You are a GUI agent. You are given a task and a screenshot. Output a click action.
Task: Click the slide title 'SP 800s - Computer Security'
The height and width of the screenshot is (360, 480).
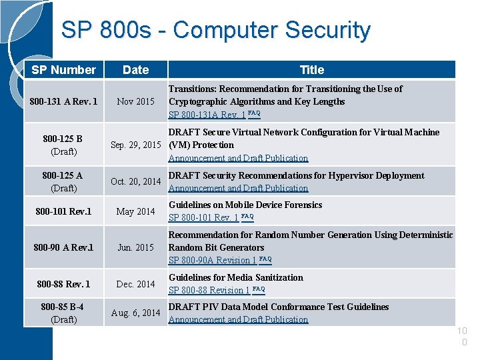point(215,31)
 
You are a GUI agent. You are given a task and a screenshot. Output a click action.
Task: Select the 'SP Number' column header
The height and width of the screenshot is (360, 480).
point(64,70)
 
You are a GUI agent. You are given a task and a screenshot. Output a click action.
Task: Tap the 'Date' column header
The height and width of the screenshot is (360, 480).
point(136,70)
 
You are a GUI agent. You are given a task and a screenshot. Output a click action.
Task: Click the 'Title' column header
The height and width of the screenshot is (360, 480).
point(312,70)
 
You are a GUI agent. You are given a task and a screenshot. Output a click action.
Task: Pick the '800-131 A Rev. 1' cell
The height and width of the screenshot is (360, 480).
point(64,102)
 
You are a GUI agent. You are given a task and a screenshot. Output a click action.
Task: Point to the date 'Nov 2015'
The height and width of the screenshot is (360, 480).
point(136,102)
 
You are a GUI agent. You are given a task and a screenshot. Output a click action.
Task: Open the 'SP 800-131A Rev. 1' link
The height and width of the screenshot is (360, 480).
point(207,115)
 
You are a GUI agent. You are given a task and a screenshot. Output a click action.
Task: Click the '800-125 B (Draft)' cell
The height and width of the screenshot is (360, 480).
point(63,145)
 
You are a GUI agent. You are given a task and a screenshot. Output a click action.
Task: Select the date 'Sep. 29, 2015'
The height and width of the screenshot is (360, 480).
point(136,145)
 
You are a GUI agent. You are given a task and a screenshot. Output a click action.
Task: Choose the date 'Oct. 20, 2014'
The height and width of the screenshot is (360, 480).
point(136,181)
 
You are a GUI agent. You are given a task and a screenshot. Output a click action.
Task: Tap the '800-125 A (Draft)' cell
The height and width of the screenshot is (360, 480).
point(63,181)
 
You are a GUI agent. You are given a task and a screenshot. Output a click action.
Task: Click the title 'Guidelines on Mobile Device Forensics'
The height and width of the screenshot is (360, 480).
point(245,205)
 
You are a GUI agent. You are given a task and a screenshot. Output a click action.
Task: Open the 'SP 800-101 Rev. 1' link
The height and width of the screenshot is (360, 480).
point(203,218)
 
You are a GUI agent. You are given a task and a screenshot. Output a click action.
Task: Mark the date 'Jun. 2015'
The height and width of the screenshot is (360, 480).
point(136,247)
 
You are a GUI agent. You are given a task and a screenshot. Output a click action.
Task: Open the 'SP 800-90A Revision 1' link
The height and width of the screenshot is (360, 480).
point(212,261)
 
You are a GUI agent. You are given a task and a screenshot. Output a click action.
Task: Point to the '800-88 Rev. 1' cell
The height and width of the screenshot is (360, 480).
point(64,284)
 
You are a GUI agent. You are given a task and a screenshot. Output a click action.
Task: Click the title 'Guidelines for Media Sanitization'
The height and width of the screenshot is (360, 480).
point(236,278)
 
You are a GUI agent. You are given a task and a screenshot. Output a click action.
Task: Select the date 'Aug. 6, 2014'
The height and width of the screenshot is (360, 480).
point(136,313)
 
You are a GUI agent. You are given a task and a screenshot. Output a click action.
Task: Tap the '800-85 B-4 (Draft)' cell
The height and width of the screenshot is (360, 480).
point(63,313)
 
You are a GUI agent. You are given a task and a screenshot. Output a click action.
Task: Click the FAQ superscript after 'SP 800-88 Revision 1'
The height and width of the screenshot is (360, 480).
point(259,289)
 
